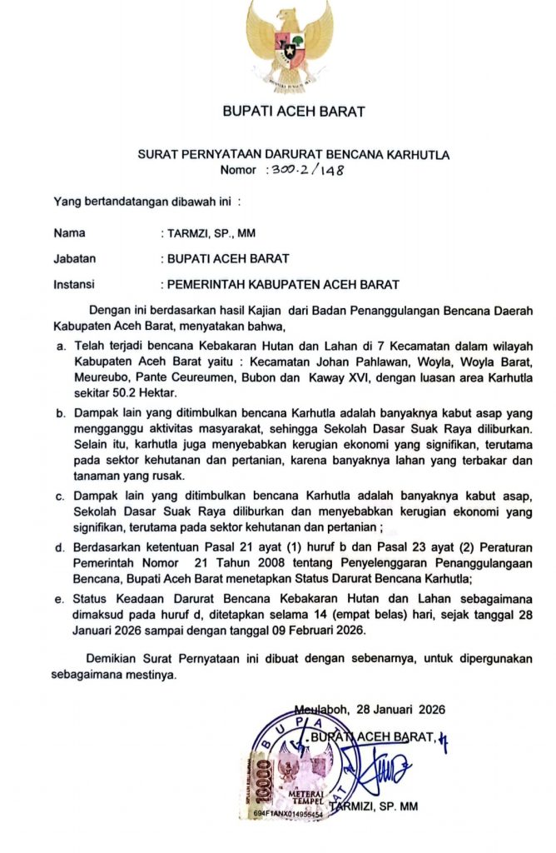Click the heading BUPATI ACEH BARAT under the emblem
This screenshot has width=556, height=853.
coord(293,111)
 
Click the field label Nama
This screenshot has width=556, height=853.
coord(68,233)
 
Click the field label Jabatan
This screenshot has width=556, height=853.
coord(73,258)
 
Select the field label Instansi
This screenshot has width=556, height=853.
coord(74,283)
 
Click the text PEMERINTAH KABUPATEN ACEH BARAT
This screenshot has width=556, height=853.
coord(280,283)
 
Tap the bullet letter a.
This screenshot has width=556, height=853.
coord(60,344)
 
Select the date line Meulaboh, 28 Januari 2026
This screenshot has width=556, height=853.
coord(370,710)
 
